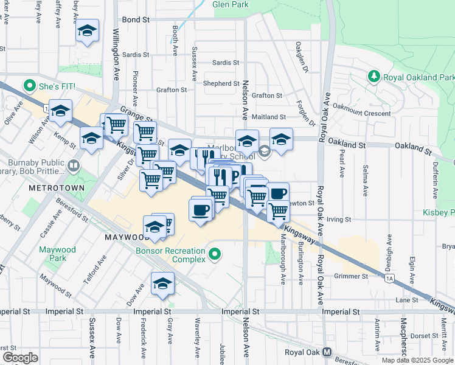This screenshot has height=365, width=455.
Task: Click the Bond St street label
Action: [x=136, y=19]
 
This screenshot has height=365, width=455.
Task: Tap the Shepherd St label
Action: [x=221, y=83]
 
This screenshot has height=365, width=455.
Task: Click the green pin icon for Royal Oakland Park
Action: [x=374, y=77]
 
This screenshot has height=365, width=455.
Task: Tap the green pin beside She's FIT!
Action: [x=28, y=86]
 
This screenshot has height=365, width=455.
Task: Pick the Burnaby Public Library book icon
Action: [x=72, y=165]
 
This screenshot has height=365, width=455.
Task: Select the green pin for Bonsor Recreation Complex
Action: [x=214, y=254]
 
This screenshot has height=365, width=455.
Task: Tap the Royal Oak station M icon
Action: [x=327, y=352]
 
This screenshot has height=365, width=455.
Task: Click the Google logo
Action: [x=20, y=358]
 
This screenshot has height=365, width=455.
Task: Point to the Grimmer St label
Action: [x=351, y=276]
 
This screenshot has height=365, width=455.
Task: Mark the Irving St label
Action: [x=339, y=219]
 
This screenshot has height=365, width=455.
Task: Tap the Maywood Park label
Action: [x=57, y=254]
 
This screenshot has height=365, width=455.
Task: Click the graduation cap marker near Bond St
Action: [x=87, y=31]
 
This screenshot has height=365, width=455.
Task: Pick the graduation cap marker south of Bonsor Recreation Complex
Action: [x=162, y=284]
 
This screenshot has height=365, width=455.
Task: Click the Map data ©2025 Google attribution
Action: [x=417, y=360]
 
